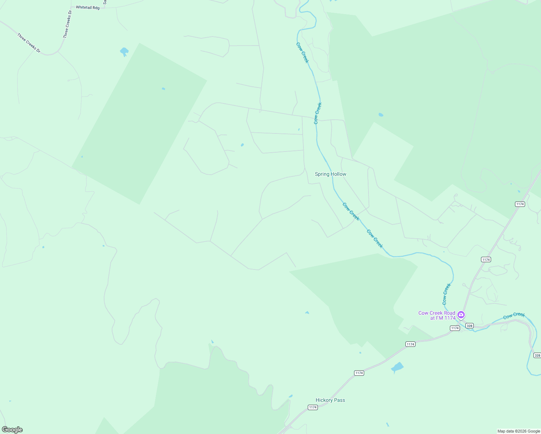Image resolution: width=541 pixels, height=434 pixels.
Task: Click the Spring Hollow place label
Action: pyautogui.click(x=331, y=174)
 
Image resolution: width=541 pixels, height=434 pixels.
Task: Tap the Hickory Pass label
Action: pyautogui.click(x=330, y=400)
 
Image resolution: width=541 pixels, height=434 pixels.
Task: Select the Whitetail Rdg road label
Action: pyautogui.click(x=88, y=8)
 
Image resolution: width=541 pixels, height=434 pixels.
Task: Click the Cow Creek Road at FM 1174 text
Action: pyautogui.click(x=437, y=315)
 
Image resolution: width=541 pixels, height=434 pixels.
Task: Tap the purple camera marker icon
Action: pyautogui.click(x=461, y=315)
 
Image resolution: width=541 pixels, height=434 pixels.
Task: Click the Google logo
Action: pyautogui.click(x=12, y=430)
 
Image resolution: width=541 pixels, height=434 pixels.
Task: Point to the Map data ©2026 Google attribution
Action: pyautogui.click(x=519, y=431)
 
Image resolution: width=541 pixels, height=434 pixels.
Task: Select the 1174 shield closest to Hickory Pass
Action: pyautogui.click(x=313, y=407)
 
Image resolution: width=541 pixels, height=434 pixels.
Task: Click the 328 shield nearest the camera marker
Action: pyautogui.click(x=469, y=326)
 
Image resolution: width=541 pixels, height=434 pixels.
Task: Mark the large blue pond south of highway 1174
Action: pyautogui.click(x=397, y=368)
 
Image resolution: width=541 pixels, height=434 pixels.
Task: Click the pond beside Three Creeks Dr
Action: pyautogui.click(x=124, y=51)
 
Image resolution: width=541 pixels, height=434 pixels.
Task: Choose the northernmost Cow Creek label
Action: pyautogui.click(x=302, y=53)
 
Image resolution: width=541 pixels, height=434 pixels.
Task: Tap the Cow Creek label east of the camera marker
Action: pyautogui.click(x=514, y=315)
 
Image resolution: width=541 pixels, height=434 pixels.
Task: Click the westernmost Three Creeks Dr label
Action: pyautogui.click(x=29, y=43)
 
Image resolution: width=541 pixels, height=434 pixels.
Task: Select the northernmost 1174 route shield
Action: pyautogui.click(x=520, y=204)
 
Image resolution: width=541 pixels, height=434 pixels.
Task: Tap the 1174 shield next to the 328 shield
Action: pyautogui.click(x=455, y=328)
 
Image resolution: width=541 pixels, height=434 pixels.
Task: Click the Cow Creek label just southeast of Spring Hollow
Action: pyautogui.click(x=351, y=212)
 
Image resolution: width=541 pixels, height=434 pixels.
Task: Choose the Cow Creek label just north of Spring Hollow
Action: pyautogui.click(x=318, y=114)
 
